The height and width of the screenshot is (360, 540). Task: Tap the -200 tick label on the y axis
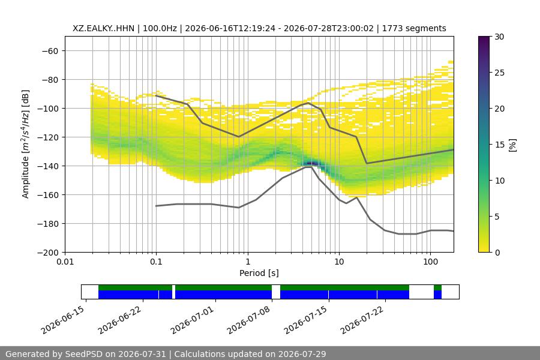pos(50,253)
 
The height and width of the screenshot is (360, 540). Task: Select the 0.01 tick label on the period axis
pos(65,262)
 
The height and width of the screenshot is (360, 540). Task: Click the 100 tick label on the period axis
pos(430,262)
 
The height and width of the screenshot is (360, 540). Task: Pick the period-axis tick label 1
pos(248,262)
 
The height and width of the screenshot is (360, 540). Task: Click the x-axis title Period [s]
pos(259,273)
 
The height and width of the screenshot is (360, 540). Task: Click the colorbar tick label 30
pos(499,37)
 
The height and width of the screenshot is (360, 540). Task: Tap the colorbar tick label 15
pos(499,145)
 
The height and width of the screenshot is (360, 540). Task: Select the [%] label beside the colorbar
pos(513,145)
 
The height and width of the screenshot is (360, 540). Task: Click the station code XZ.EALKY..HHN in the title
pos(103,28)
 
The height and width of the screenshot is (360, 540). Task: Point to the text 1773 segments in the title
pos(414,28)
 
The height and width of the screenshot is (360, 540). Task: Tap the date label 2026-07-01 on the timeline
pos(192,320)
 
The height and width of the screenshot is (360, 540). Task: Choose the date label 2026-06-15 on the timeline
pos(62,320)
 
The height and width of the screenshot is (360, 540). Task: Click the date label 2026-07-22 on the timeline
pos(362,320)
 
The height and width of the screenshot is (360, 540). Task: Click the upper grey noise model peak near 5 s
pos(308,103)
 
